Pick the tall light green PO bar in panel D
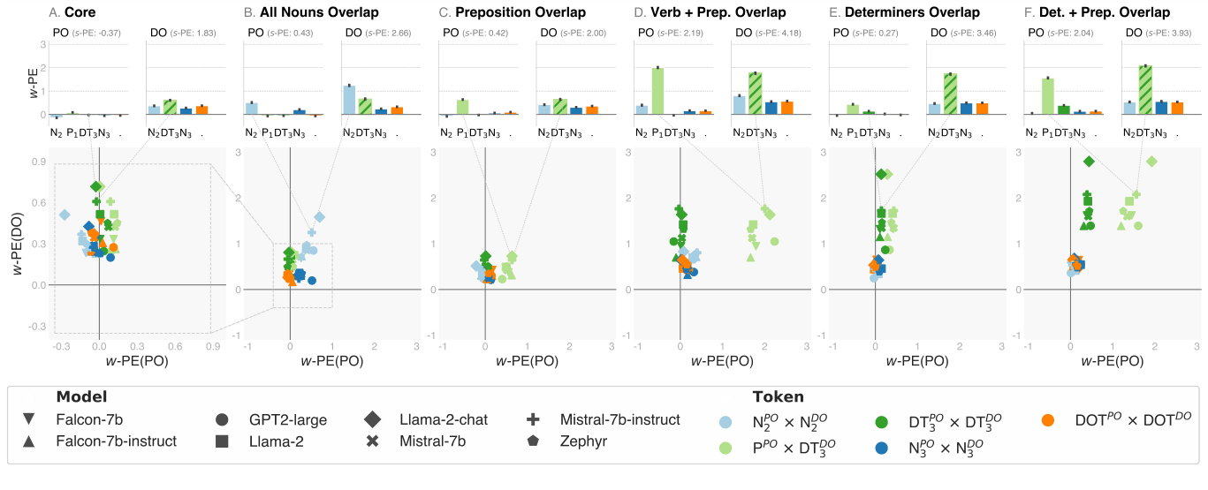point(657,91)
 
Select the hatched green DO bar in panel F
point(1145,90)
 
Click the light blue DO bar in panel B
point(349,100)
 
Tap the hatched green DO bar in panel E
point(950,94)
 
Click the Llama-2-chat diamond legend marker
point(372,419)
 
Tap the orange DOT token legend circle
point(1048,419)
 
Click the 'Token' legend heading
point(778,397)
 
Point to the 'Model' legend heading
point(81,397)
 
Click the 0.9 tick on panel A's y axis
point(41,162)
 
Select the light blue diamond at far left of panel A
point(65,215)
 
